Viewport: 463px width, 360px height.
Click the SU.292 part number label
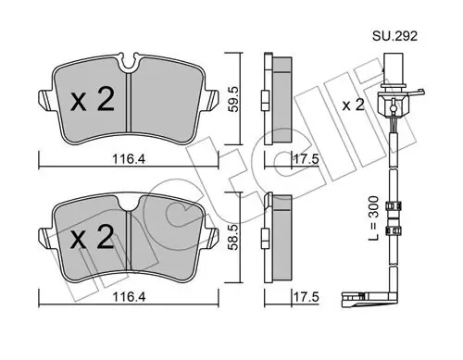[x=394, y=36]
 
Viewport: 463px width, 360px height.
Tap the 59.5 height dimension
[x=233, y=99]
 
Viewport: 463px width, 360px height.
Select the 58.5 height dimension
[x=233, y=237]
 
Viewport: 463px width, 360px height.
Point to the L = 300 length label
[x=373, y=218]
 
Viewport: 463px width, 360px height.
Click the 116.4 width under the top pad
[x=129, y=159]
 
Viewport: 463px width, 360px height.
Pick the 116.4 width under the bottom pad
[x=129, y=297]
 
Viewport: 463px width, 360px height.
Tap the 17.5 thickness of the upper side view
[x=306, y=159]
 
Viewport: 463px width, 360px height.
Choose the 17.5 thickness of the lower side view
[x=306, y=297]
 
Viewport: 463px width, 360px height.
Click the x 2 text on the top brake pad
[x=93, y=99]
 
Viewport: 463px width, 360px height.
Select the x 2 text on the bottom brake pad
[x=93, y=237]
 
